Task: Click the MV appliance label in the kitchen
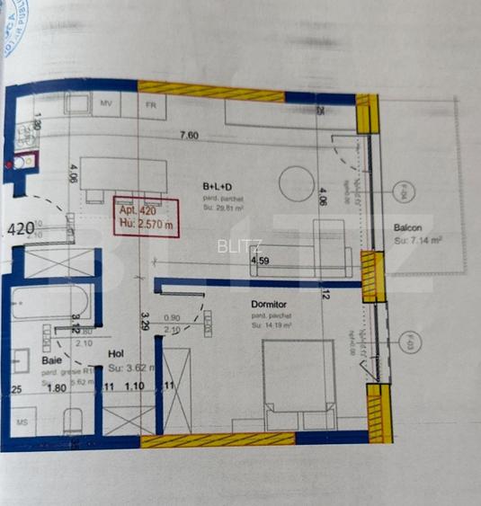click(105, 104)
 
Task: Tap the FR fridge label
click(153, 104)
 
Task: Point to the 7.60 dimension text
click(189, 136)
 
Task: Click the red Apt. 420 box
click(146, 217)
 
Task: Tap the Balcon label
click(408, 227)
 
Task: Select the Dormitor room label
click(270, 304)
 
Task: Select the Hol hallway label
click(115, 354)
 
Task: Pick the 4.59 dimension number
click(260, 261)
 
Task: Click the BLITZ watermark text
click(237, 244)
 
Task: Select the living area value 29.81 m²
click(225, 206)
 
